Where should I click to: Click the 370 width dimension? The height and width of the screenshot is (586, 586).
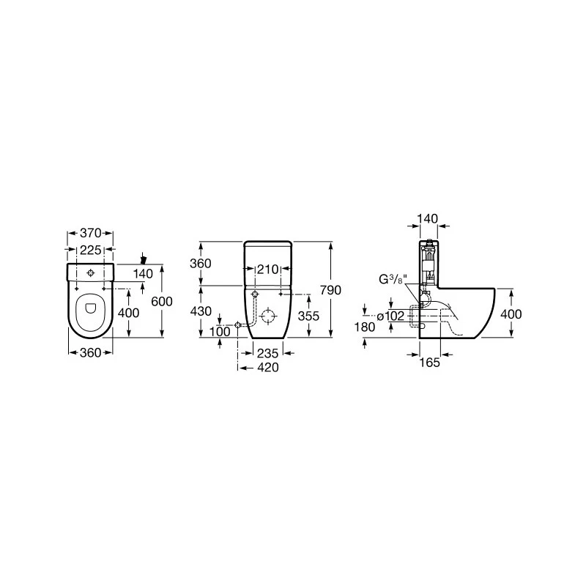tap(90, 233)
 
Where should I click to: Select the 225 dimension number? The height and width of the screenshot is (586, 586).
tap(90, 250)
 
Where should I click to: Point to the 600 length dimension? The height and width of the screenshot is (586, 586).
tap(162, 301)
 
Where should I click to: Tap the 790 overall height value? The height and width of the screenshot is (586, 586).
tap(331, 290)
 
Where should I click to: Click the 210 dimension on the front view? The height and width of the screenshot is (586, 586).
tap(268, 269)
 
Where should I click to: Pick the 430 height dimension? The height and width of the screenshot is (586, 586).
tap(201, 311)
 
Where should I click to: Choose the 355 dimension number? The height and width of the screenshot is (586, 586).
tap(308, 316)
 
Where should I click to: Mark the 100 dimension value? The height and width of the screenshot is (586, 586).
tap(220, 332)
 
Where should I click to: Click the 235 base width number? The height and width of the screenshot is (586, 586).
tap(268, 353)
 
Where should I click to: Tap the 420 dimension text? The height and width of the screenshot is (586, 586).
tap(268, 368)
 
